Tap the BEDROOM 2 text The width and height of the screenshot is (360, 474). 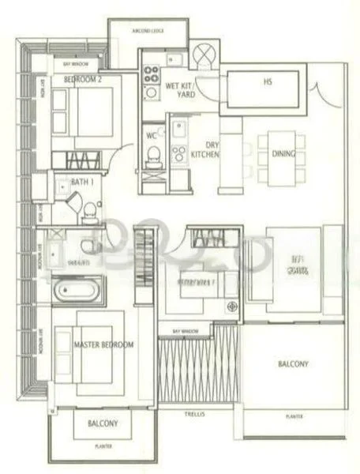tap(83, 80)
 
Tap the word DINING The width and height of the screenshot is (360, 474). tap(282, 155)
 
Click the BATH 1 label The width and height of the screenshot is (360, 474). tap(81, 182)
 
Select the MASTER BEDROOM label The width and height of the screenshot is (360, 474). tap(103, 345)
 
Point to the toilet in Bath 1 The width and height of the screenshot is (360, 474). tap(92, 209)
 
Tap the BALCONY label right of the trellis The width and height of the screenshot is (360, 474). tap(293, 364)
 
